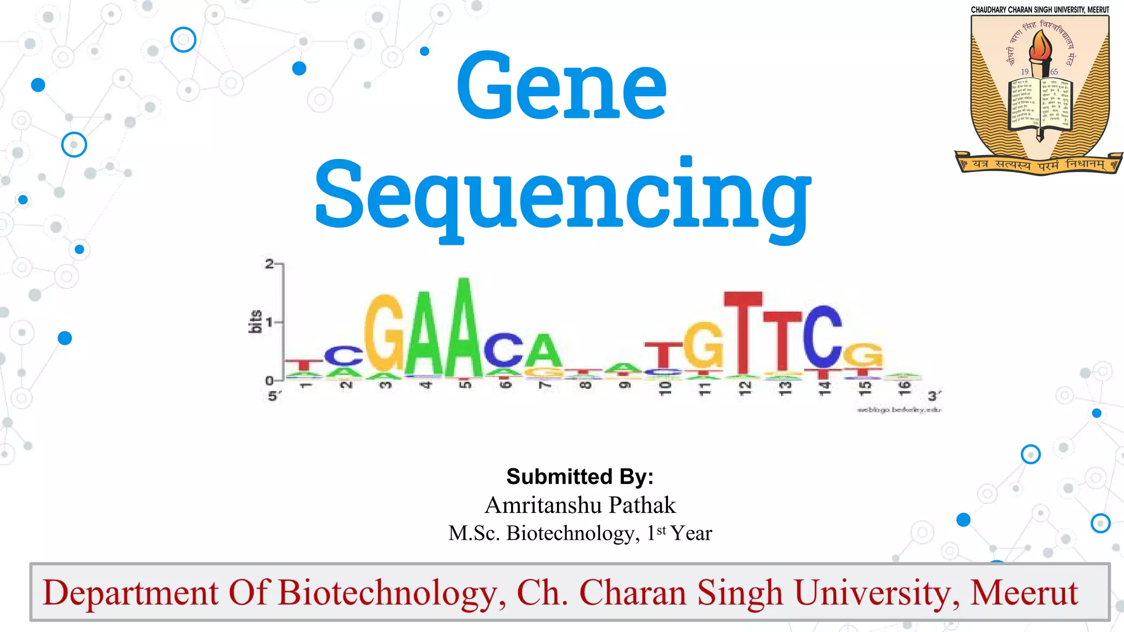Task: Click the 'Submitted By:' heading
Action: click(x=580, y=476)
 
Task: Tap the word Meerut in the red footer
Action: click(x=1024, y=592)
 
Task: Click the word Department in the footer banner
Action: click(x=131, y=593)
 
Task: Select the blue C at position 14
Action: click(x=822, y=336)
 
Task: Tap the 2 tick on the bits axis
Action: click(x=269, y=264)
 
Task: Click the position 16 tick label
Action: click(x=904, y=387)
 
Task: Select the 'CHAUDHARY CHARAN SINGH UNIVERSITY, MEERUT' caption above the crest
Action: click(x=1039, y=10)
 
